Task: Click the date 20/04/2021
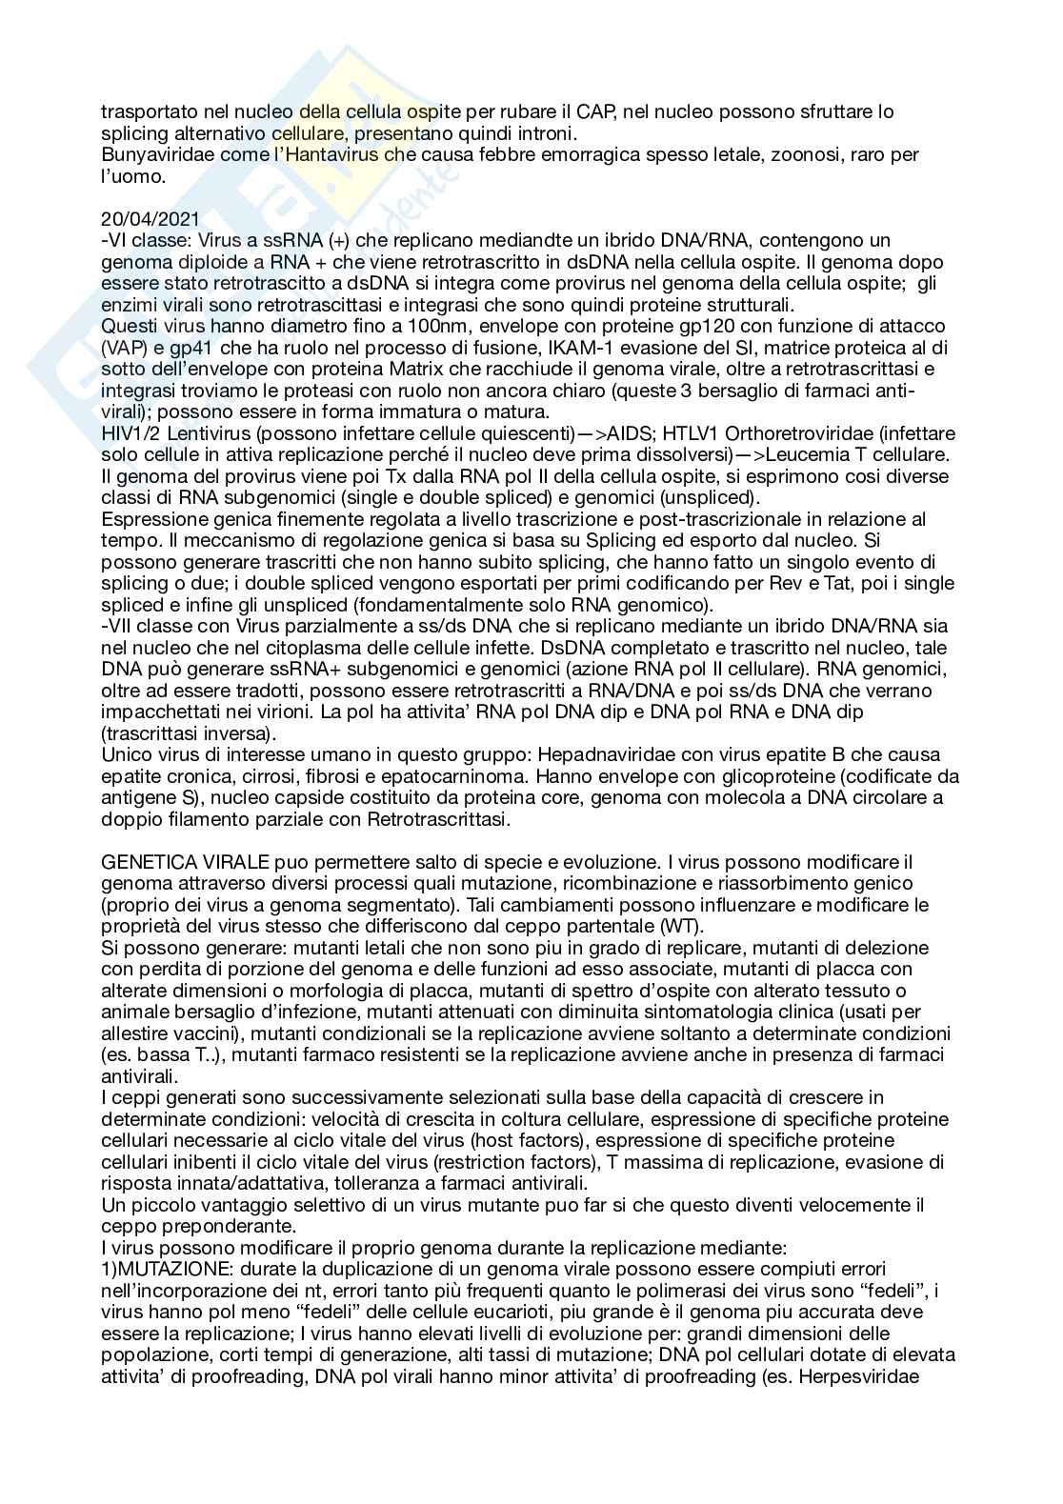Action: (x=146, y=219)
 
